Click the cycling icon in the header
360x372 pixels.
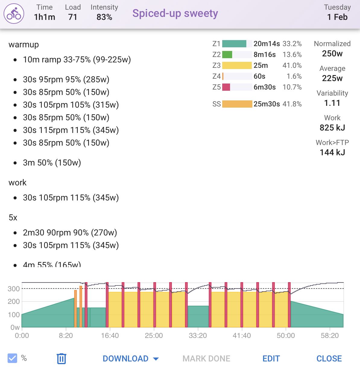point(14,14)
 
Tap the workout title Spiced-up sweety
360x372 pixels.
point(175,13)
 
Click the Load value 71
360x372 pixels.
point(73,17)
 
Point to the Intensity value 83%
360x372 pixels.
point(104,17)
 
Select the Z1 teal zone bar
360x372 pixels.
point(234,44)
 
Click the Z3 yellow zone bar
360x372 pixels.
point(237,65)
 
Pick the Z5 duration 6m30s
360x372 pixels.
point(264,87)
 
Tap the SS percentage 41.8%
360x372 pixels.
point(292,104)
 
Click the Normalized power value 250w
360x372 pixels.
point(332,54)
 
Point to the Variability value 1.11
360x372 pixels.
point(332,103)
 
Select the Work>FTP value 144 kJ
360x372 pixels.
point(332,153)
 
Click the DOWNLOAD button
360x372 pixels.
point(130,358)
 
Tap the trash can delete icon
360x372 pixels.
point(61,358)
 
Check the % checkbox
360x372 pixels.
point(12,358)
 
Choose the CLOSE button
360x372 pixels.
point(329,358)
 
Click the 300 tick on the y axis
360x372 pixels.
point(14,289)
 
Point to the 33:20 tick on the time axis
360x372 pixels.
point(198,336)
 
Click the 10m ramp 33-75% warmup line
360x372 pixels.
point(77,60)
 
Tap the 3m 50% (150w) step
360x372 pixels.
point(52,163)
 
